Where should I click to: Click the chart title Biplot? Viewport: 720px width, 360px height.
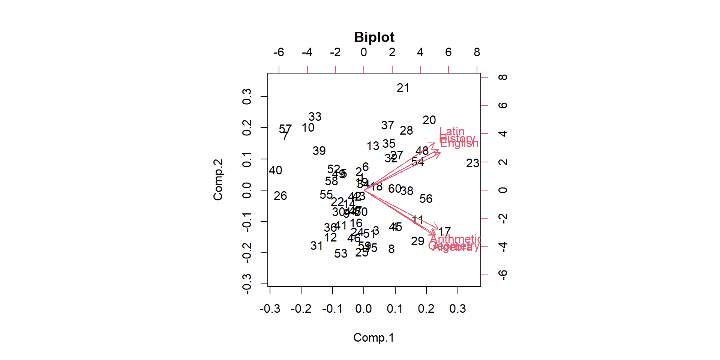tap(374, 37)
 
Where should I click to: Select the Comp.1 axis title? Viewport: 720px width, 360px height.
tap(373, 337)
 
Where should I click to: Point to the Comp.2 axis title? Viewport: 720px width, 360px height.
tap(218, 180)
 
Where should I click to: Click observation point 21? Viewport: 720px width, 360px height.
tap(403, 88)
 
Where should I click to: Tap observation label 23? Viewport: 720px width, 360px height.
tap(472, 163)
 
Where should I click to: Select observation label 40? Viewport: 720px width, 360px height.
tap(276, 170)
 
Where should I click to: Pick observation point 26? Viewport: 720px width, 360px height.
tap(280, 196)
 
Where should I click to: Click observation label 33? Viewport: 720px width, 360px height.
tap(315, 117)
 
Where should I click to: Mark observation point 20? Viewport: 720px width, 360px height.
tap(429, 120)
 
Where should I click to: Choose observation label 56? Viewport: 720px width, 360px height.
tap(426, 199)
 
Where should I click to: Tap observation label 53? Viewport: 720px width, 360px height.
tap(341, 253)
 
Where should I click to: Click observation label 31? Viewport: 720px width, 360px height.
tap(316, 246)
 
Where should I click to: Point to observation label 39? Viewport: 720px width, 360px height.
tap(319, 151)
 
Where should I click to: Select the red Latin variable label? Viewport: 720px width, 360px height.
tap(452, 131)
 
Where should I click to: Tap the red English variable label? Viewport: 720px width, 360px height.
tap(459, 143)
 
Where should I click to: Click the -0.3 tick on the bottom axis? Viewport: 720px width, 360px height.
tap(270, 309)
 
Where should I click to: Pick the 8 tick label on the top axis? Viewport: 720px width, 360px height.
tap(477, 52)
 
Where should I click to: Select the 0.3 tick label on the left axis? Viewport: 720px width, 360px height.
tap(247, 97)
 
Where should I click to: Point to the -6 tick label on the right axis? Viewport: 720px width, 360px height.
tap(503, 275)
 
